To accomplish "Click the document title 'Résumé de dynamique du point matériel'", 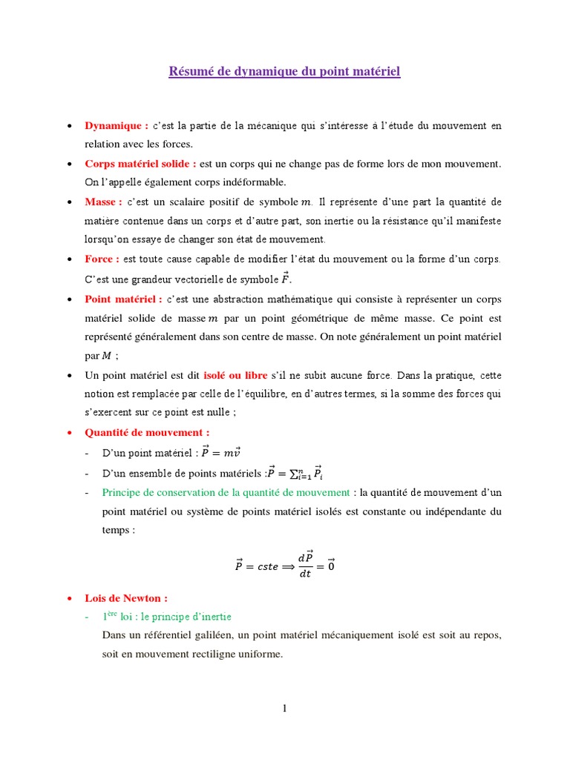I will coord(284,72).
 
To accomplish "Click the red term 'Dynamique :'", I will coord(117,125).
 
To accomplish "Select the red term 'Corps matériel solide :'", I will coord(140,163).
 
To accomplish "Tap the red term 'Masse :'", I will coord(103,202).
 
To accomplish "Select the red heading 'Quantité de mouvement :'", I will coord(147,432).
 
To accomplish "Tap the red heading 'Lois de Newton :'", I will coord(126,597).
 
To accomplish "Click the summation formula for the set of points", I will coord(295,473).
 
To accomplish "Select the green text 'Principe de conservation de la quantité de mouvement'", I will coord(226,492).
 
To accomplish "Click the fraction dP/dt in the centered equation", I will coord(305,566).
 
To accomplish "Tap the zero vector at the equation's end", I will coord(331,566).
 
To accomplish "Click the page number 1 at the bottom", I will coord(284,709).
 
